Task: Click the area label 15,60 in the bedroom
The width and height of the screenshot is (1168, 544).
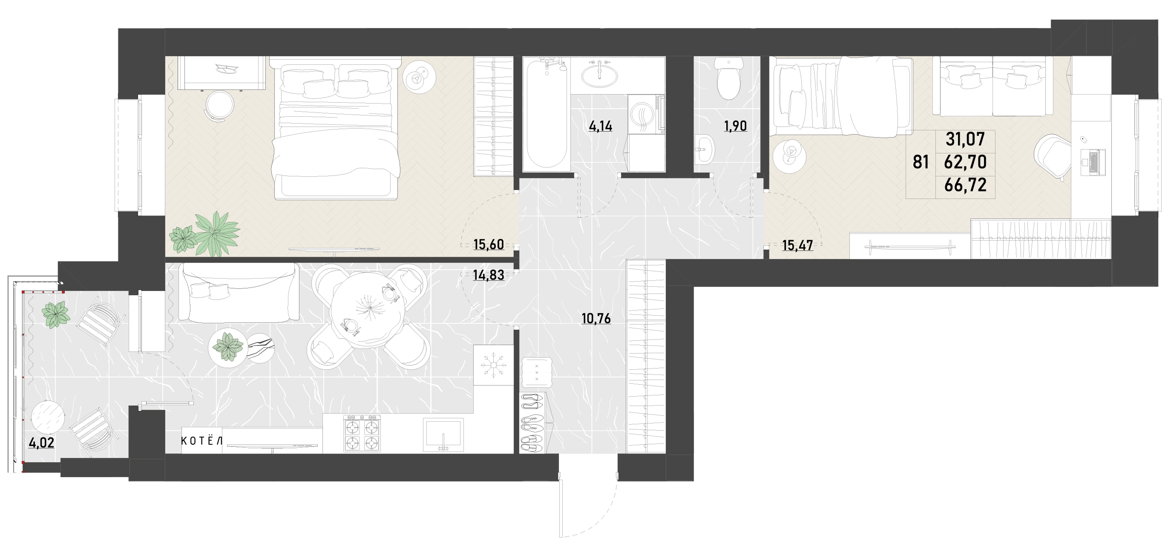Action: pyautogui.click(x=488, y=245)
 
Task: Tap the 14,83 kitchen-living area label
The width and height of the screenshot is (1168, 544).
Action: pyautogui.click(x=488, y=275)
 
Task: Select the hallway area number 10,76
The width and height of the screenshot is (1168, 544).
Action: pyautogui.click(x=596, y=319)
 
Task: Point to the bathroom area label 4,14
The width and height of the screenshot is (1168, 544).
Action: pyautogui.click(x=600, y=126)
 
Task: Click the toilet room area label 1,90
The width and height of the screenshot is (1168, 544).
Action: pyautogui.click(x=736, y=126)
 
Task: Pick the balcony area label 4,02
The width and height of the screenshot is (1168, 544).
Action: pyautogui.click(x=41, y=443)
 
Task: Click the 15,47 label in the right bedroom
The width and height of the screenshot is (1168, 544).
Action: pyautogui.click(x=797, y=246)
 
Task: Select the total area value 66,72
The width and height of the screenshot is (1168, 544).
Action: pyautogui.click(x=965, y=185)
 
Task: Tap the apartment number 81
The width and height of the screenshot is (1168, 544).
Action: pyautogui.click(x=921, y=162)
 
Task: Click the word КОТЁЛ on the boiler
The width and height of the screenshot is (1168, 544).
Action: pyautogui.click(x=202, y=440)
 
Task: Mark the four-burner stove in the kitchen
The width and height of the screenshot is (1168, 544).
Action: pyautogui.click(x=362, y=434)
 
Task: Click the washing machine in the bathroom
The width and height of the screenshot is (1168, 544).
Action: pyautogui.click(x=646, y=114)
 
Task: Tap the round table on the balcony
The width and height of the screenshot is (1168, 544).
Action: pyautogui.click(x=49, y=417)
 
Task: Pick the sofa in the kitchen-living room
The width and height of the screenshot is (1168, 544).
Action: pyautogui.click(x=239, y=293)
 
